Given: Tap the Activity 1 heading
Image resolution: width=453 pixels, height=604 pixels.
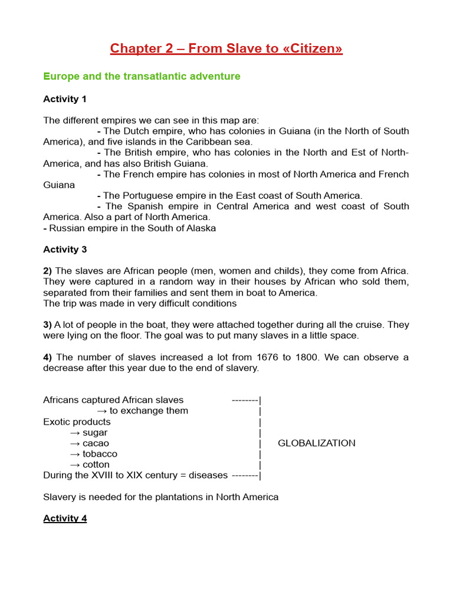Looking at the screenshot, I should (65, 99).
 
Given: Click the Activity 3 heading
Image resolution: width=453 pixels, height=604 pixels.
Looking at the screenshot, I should (65, 250).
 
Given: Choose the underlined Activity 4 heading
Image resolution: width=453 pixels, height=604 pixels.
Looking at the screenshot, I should (65, 518).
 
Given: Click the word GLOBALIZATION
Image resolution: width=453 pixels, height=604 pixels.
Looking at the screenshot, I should (316, 443).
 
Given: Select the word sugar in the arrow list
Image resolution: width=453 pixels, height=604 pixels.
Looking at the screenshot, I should (95, 432).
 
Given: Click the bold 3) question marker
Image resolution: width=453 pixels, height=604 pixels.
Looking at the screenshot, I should (47, 325).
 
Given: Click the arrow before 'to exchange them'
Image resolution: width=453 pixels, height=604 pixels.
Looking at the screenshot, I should (101, 411).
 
